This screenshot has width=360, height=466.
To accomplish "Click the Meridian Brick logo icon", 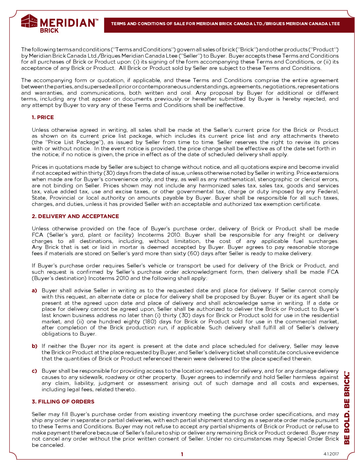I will click(29, 21).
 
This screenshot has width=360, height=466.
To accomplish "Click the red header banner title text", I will click(225, 24).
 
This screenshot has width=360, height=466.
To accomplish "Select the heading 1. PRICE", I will click(43, 117).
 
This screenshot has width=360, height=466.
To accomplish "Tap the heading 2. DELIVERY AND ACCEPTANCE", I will click(75, 216).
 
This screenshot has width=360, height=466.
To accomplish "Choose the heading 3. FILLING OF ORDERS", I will click(63, 402).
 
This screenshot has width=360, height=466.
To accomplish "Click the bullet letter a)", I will click(34, 291).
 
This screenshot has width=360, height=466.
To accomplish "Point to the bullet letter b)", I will click(34, 346).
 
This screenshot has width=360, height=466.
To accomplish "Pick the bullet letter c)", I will click(34, 371).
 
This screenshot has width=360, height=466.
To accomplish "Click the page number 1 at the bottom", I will click(182, 454).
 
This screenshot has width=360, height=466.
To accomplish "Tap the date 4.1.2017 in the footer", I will click(331, 454).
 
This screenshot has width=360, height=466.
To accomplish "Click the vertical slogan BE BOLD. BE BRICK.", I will click(347, 408).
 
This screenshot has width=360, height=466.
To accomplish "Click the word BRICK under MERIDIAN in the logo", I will click(49, 30).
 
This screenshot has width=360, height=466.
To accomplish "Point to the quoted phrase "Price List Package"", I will click(72, 142).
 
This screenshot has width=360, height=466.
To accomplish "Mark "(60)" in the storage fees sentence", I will click(193, 254).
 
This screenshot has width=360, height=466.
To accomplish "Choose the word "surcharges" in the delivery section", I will click(323, 241).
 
